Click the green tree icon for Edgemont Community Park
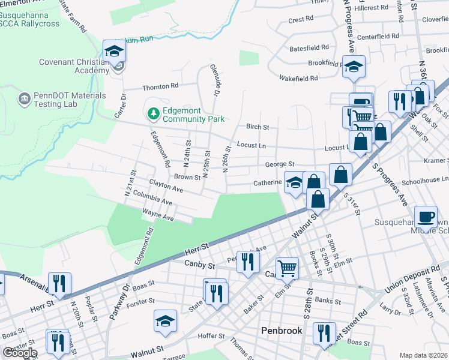coord(153,113)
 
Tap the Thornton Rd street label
coord(160,87)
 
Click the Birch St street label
coord(258,127)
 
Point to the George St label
coord(280,164)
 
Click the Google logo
coord(19,353)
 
